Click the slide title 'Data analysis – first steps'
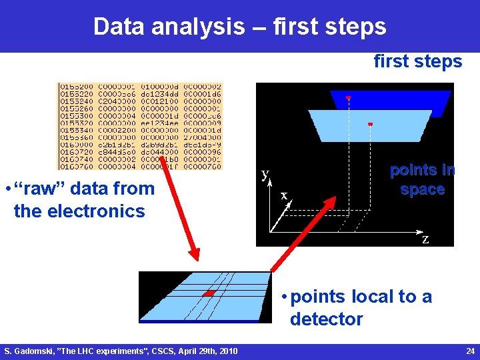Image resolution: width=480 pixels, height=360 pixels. pos(239,27)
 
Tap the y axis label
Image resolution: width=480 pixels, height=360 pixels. pos(265,175)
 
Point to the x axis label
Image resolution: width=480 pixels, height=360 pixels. pos(284,195)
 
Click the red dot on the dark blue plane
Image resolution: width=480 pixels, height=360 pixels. pos(348,98)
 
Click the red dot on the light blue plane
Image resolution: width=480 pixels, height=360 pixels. pos(371,124)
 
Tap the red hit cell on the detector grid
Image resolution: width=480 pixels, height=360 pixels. pos(209,293)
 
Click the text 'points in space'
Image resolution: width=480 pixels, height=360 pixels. pos(422,179)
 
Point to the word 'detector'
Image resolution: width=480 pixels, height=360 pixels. pos(326,319)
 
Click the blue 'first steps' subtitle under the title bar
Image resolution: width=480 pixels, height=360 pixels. pos(417,62)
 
